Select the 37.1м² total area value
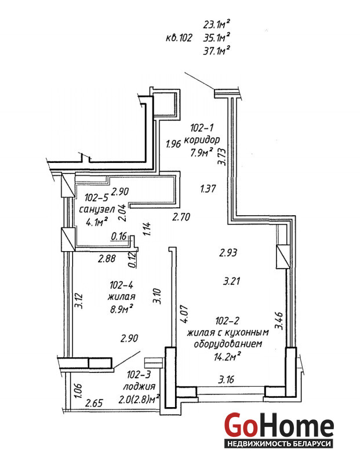coord(217,50)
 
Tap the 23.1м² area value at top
coord(217,24)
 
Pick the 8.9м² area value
coord(121,310)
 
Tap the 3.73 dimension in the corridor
coord(221,156)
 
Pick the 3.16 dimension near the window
coord(226,380)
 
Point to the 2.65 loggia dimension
coord(94,403)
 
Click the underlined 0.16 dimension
coord(119,236)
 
